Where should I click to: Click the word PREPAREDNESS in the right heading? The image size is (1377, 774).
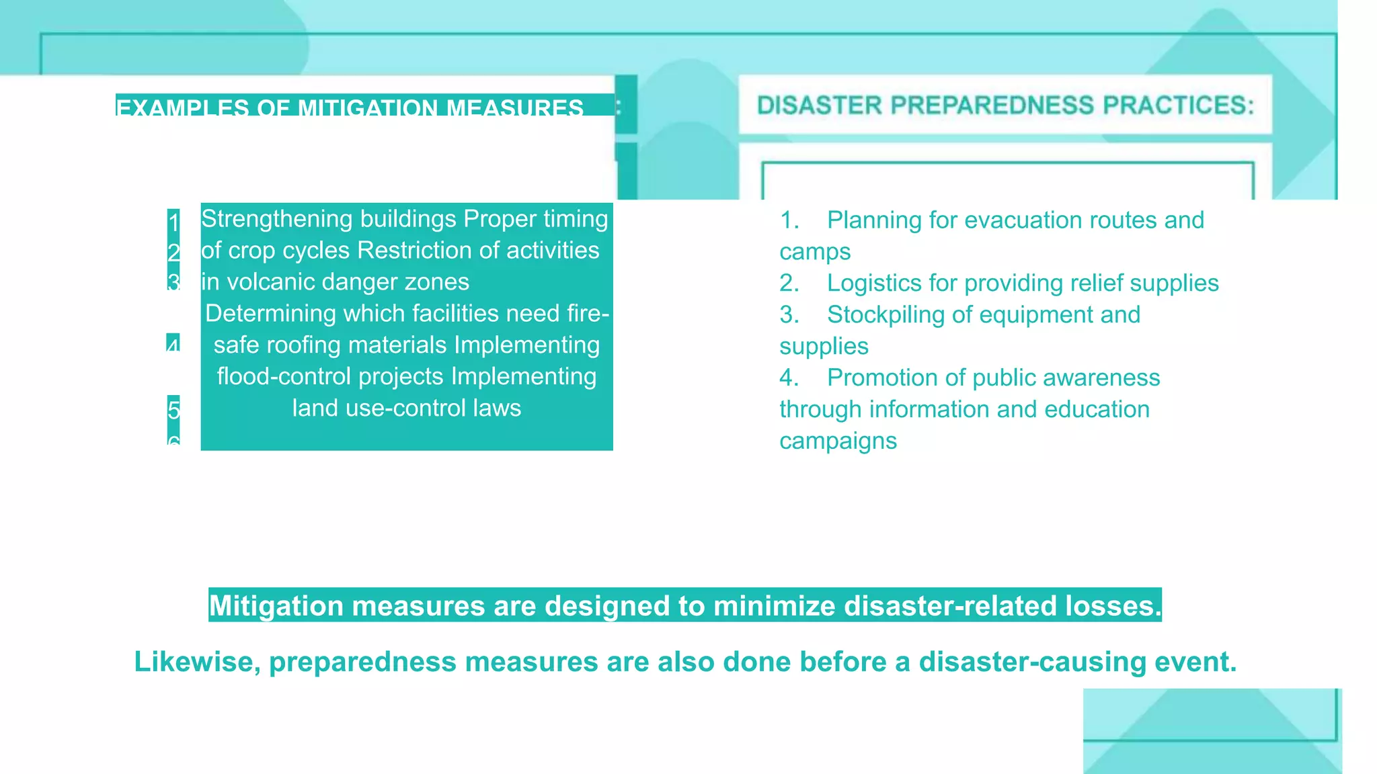tap(992, 105)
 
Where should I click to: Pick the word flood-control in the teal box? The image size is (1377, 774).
tap(284, 377)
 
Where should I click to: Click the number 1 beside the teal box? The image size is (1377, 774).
tap(173, 222)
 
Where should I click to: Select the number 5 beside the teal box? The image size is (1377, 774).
tap(173, 409)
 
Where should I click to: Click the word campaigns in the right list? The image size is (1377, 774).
tap(838, 441)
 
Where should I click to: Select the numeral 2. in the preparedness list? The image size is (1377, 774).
tap(789, 284)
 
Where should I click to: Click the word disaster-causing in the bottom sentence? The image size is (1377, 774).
tap(1032, 662)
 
